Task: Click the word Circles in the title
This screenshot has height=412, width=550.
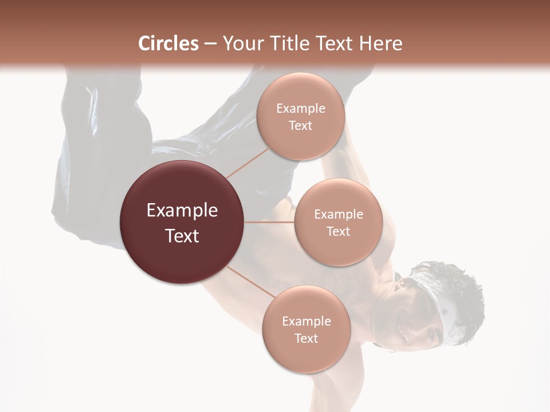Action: (168, 43)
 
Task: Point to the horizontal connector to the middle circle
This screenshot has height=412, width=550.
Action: (269, 222)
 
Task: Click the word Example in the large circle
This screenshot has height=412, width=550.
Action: (182, 211)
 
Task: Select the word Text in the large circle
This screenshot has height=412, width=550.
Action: (182, 236)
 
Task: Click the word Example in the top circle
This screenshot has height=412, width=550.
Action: (300, 108)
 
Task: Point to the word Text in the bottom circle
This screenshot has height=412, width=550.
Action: (306, 338)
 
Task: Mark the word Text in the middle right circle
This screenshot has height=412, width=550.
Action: (338, 231)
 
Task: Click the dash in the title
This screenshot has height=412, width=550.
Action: (210, 43)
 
